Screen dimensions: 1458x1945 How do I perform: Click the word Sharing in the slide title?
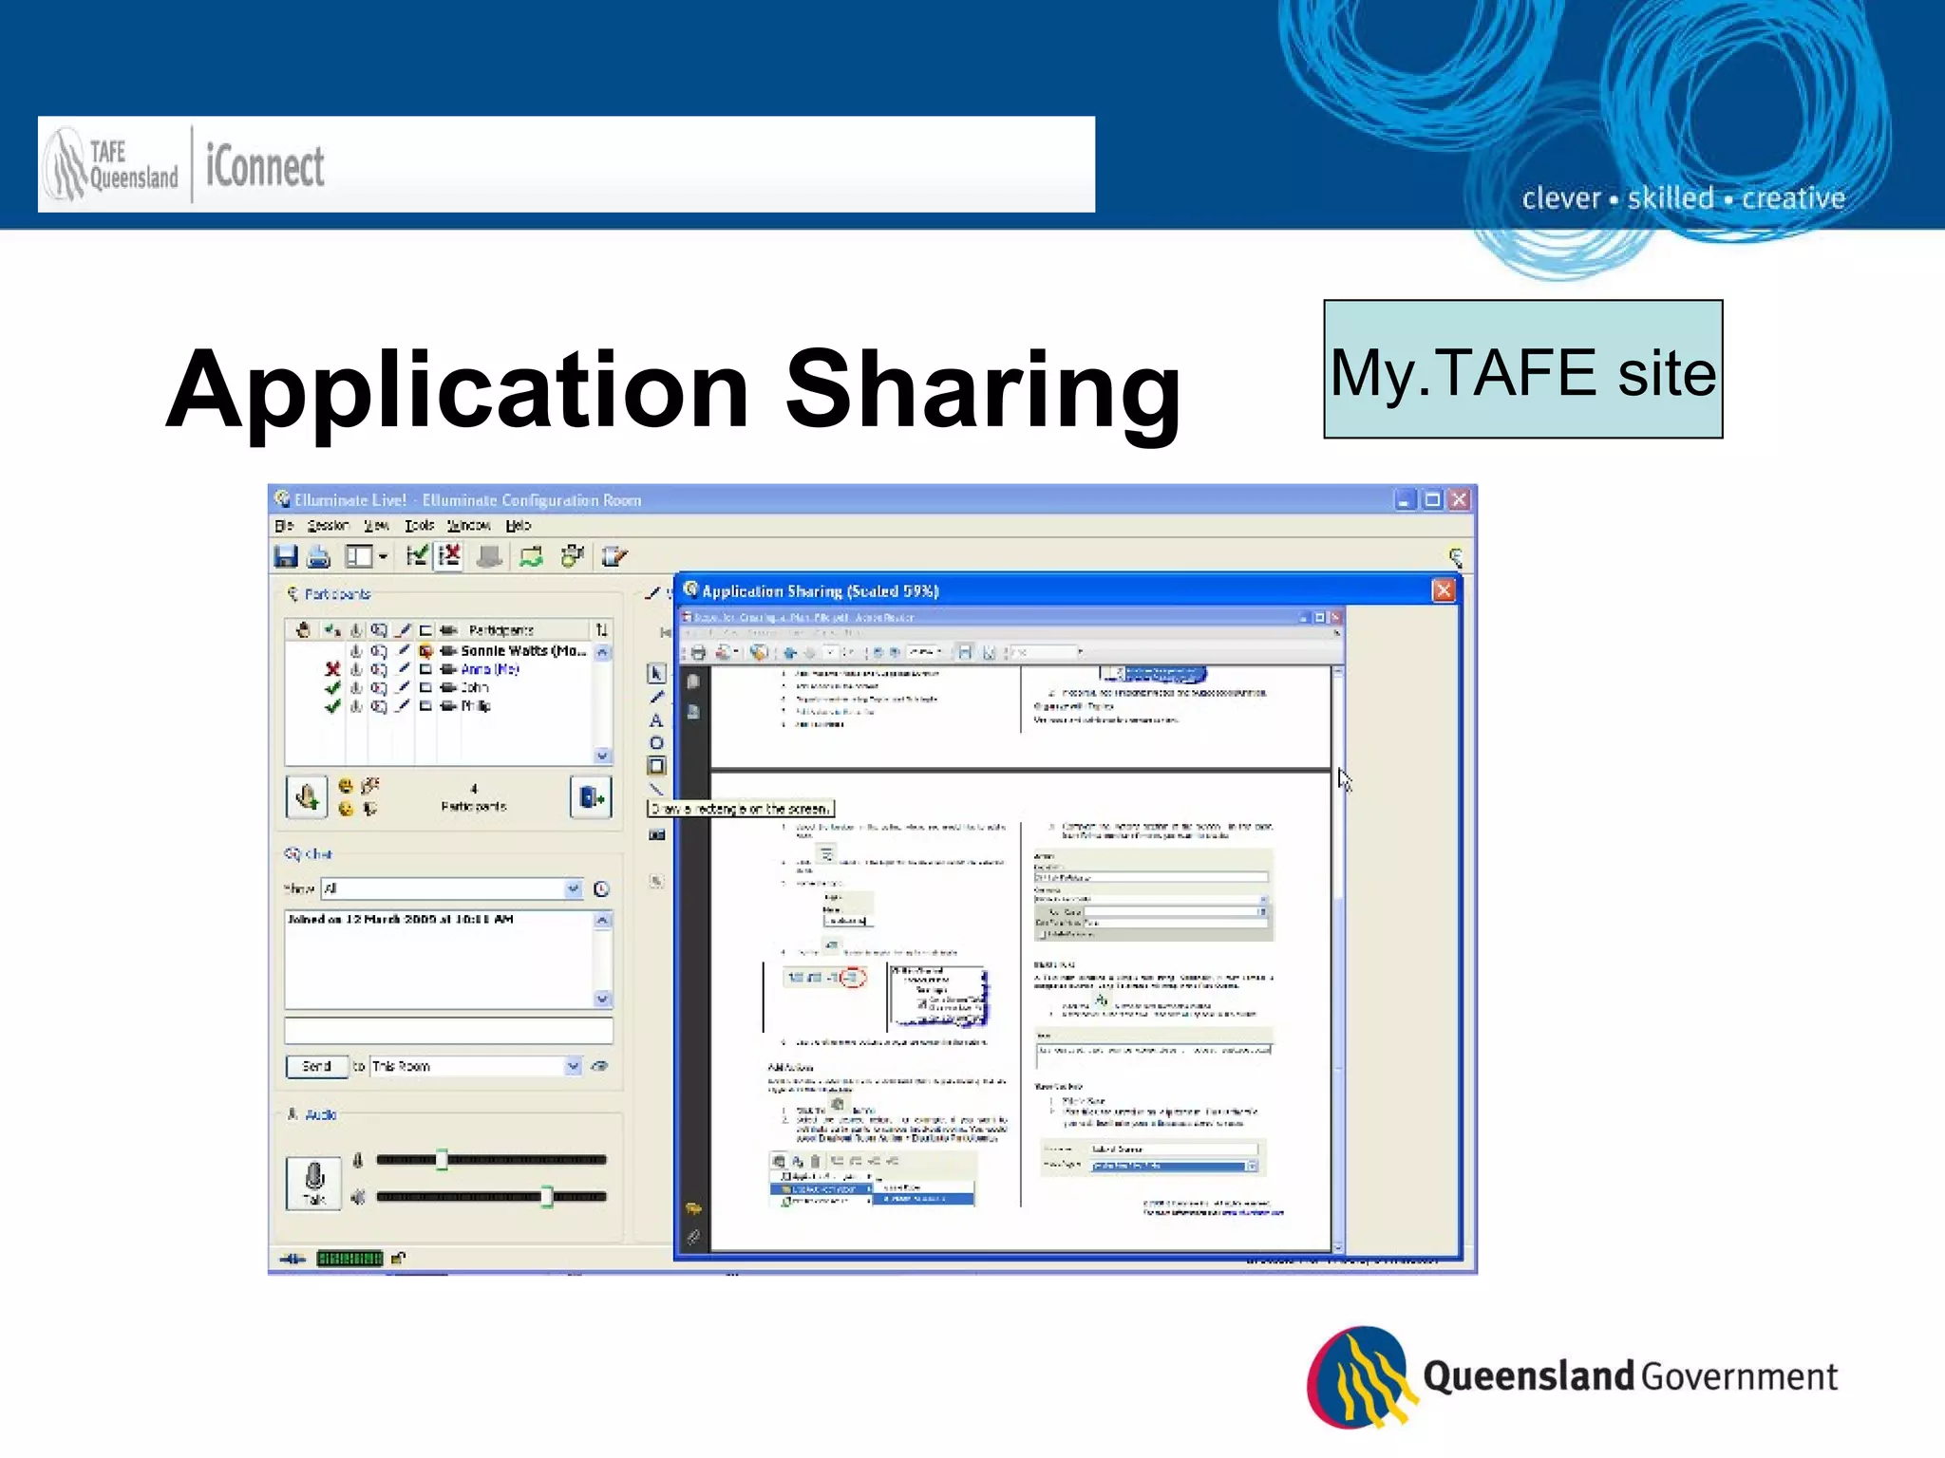coord(983,390)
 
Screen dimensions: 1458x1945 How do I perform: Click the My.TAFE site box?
coord(1522,370)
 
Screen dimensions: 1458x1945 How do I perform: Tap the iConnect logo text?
coord(265,167)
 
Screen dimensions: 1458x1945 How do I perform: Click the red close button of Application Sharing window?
coord(1443,590)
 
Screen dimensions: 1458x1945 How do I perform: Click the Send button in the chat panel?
coord(316,1066)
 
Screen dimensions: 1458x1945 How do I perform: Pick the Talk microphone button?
coord(314,1183)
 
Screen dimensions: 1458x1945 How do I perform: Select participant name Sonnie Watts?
coord(522,651)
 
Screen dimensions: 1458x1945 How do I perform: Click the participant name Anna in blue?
coord(489,669)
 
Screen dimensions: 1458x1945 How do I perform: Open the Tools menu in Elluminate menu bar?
coord(419,526)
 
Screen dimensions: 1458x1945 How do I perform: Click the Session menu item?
coord(328,526)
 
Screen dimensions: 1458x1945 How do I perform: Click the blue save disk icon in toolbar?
coord(286,556)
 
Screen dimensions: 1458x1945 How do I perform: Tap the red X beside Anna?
coord(332,669)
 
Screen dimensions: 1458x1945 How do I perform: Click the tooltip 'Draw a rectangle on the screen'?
coord(740,809)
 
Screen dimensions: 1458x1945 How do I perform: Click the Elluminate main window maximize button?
coord(1432,499)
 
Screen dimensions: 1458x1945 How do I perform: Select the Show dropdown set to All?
coord(451,888)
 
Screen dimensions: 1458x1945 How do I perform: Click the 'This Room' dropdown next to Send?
coord(475,1066)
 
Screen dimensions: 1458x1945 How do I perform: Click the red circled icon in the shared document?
coord(853,977)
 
